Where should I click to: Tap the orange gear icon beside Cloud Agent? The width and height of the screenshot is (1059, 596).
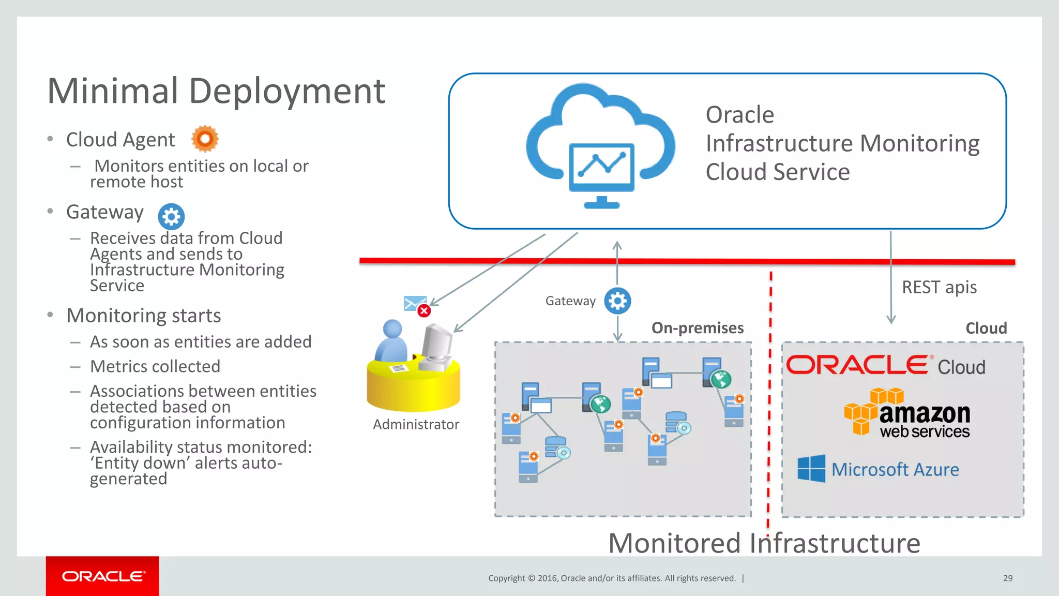point(205,139)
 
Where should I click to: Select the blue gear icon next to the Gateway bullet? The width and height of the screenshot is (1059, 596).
point(171,216)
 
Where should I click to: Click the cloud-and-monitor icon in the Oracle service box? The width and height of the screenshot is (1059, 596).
point(601,147)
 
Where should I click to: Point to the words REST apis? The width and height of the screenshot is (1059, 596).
point(939,287)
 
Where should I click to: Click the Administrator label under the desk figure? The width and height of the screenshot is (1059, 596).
point(416,425)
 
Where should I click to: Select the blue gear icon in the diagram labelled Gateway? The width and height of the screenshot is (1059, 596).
point(617,301)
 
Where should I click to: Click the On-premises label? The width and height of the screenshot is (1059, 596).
point(697,328)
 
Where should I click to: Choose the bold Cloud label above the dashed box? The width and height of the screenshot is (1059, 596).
point(986,329)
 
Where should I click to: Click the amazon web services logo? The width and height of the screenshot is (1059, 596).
point(907,414)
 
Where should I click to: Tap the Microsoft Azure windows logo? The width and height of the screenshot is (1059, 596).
point(811,469)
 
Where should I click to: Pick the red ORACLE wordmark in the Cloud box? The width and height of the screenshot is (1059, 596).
point(857,365)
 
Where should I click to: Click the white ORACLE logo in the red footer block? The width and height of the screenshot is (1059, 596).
point(103,576)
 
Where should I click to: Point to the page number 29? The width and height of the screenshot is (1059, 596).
point(1008,578)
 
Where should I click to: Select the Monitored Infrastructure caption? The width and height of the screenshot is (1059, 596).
point(764,544)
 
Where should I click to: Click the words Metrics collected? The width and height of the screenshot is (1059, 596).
point(155,367)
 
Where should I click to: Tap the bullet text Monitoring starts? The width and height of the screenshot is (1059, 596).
point(144,316)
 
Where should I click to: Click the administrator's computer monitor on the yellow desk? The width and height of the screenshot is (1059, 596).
point(436,344)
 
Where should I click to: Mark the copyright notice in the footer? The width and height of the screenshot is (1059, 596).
point(612,578)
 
